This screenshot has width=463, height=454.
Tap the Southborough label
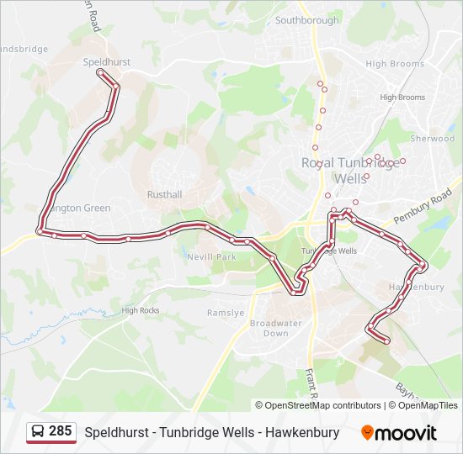pyautogui.click(x=306, y=20)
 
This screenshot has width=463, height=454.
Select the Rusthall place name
pyautogui.click(x=163, y=193)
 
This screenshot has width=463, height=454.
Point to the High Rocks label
pyautogui.click(x=140, y=310)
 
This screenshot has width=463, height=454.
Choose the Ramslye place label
pyautogui.click(x=226, y=313)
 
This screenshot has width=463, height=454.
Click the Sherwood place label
pyautogui.click(x=432, y=139)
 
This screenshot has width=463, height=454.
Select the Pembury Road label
pyautogui.click(x=423, y=206)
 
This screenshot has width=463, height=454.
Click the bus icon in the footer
pyautogui.click(x=38, y=432)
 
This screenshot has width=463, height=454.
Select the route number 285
pyautogui.click(x=60, y=431)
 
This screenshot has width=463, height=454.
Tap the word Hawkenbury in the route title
pyautogui.click(x=300, y=433)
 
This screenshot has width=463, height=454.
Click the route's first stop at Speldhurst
pyautogui.click(x=101, y=73)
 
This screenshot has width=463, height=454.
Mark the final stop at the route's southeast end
pyautogui.click(x=386, y=340)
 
